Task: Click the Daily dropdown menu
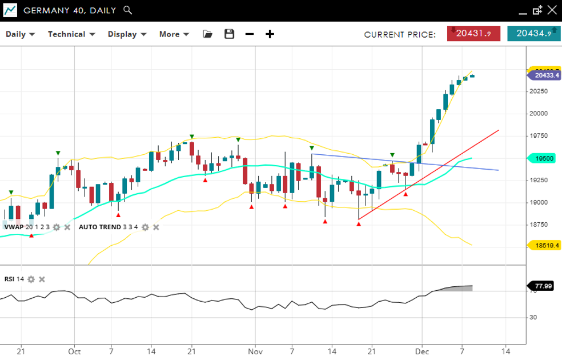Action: (x=20, y=34)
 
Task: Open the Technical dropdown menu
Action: (x=70, y=34)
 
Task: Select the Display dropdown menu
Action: (x=127, y=34)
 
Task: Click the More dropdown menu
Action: (x=174, y=34)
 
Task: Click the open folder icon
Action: (x=208, y=34)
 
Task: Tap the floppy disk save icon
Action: (x=230, y=34)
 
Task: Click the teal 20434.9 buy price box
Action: (x=533, y=34)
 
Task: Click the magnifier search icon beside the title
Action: (x=128, y=10)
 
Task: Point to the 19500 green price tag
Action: (x=545, y=158)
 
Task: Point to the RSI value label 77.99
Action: (x=545, y=286)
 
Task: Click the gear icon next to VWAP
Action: (x=56, y=227)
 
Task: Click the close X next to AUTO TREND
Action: (x=156, y=227)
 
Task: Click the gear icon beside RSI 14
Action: (x=31, y=279)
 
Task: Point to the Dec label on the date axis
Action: (x=421, y=351)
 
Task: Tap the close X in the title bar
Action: (x=551, y=10)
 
